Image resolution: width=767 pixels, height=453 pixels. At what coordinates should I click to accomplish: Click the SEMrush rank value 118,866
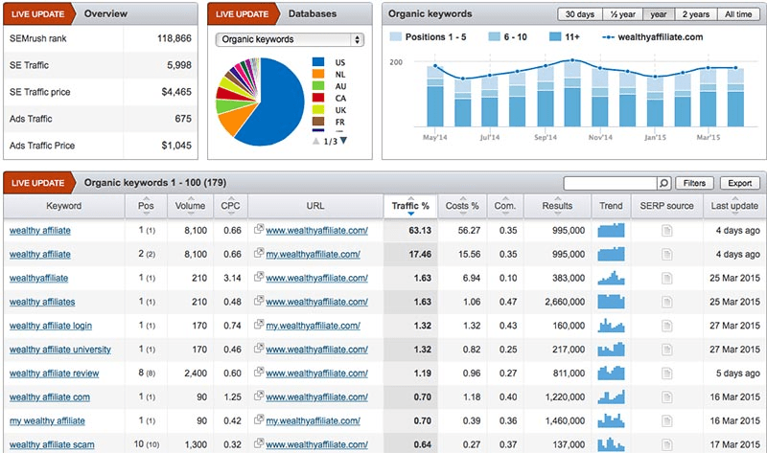point(172,39)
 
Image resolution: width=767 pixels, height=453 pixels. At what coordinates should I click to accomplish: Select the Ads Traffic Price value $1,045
point(174,146)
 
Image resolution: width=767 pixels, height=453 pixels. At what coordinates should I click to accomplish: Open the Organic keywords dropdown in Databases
point(290,39)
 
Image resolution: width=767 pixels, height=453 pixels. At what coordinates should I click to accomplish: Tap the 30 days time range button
point(580,14)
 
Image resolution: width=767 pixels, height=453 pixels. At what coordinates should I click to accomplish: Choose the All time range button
point(738,14)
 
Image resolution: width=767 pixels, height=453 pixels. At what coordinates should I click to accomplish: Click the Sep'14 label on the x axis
point(545,138)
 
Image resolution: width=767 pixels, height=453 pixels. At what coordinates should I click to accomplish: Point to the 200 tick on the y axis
point(396,62)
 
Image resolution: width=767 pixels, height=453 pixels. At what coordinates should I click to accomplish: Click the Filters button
point(695,183)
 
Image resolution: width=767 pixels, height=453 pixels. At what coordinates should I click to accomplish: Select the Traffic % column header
point(411,206)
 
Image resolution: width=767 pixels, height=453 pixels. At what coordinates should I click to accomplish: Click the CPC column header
point(230,206)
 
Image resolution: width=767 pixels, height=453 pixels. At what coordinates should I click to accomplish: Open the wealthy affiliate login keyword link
point(51,326)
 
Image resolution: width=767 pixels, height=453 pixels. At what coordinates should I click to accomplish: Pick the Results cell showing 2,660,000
point(556,302)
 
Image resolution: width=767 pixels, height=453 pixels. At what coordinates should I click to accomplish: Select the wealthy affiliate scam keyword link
point(51,444)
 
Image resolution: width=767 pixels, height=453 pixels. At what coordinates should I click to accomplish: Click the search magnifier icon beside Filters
point(663,183)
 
